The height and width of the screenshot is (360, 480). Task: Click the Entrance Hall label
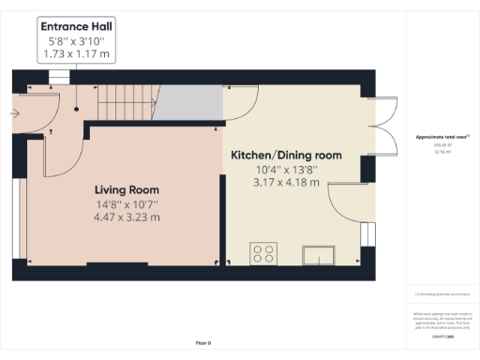click(77, 27)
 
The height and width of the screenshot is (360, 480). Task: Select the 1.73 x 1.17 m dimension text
click(77, 56)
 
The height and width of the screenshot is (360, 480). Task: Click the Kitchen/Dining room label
click(286, 155)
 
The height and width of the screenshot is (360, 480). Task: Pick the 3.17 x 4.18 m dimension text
click(286, 183)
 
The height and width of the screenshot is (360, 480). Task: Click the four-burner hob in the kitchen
click(262, 253)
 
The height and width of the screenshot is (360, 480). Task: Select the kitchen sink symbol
click(319, 254)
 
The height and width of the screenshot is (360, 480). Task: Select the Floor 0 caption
click(202, 343)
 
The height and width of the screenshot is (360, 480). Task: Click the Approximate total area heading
click(442, 138)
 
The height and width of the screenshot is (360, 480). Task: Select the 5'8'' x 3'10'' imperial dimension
click(77, 42)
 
